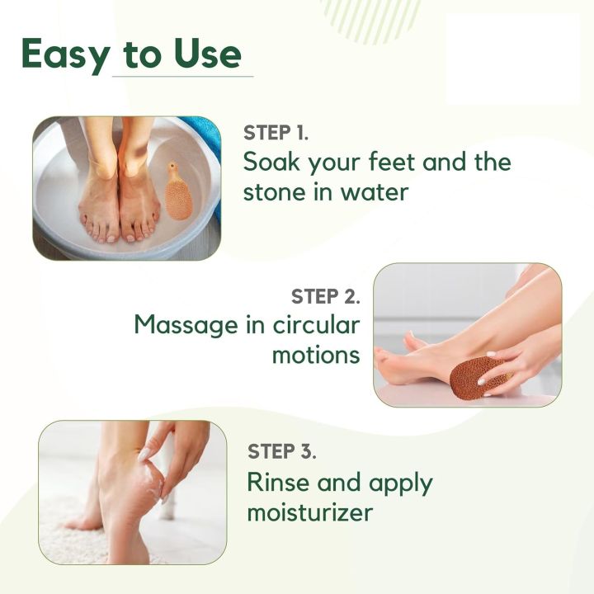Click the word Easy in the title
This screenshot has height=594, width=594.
64,54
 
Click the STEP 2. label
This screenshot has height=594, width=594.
325,296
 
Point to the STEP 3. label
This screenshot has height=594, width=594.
282,452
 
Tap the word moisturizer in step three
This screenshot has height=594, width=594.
310,512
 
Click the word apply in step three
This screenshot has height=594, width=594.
396,483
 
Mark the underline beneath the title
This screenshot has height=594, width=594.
182,76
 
